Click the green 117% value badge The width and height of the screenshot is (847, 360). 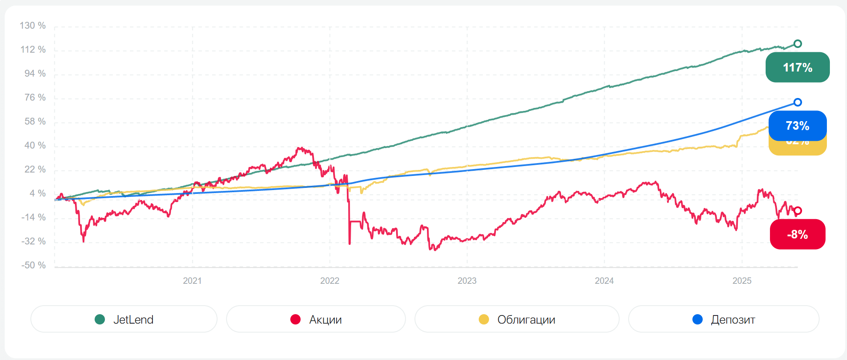pyautogui.click(x=797, y=67)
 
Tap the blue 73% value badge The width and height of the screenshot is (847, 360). pyautogui.click(x=797, y=125)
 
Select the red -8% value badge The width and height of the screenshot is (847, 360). pyautogui.click(x=797, y=234)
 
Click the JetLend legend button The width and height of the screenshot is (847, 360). pyautogui.click(x=124, y=319)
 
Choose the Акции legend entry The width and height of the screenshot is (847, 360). pyautogui.click(x=316, y=319)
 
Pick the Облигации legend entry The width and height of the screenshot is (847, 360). pyautogui.click(x=517, y=319)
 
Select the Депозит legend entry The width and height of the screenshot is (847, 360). pyautogui.click(x=724, y=319)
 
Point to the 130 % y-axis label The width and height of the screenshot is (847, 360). pyautogui.click(x=33, y=26)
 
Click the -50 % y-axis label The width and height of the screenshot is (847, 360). pyautogui.click(x=33, y=265)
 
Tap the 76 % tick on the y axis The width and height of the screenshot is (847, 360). pyautogui.click(x=35, y=98)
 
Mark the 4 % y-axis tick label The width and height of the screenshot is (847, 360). pyautogui.click(x=37, y=193)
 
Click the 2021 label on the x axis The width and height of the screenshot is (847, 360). pyautogui.click(x=192, y=281)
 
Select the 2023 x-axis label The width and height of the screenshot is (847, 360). pyautogui.click(x=467, y=281)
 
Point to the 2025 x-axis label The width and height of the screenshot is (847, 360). pyautogui.click(x=742, y=281)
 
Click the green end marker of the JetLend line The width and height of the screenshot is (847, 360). pyautogui.click(x=797, y=44)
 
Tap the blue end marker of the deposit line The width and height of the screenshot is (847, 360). pyautogui.click(x=797, y=102)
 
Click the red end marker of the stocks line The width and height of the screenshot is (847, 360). pyautogui.click(x=797, y=211)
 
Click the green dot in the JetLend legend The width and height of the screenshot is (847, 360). pyautogui.click(x=100, y=319)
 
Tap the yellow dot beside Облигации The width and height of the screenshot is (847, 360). pyautogui.click(x=484, y=319)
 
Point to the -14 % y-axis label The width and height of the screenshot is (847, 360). pyautogui.click(x=33, y=217)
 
